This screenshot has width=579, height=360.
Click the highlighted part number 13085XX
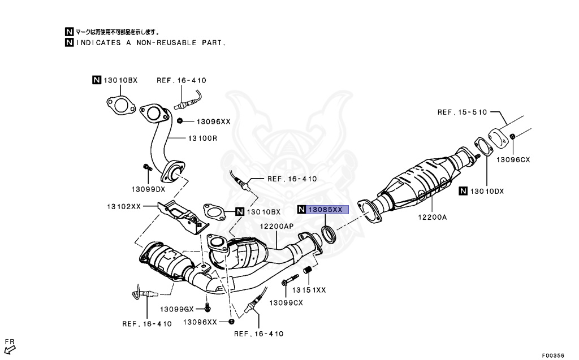click(x=325, y=210)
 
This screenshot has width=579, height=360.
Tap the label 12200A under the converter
click(x=433, y=215)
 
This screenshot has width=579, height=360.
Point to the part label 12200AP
click(x=276, y=226)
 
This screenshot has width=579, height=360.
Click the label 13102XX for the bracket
click(x=124, y=206)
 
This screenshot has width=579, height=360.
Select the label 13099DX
click(x=148, y=189)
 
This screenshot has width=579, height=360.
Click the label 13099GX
click(x=176, y=309)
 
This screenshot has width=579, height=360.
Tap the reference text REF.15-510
click(x=461, y=112)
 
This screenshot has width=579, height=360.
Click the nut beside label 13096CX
click(x=512, y=137)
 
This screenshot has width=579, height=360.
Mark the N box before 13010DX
click(x=463, y=191)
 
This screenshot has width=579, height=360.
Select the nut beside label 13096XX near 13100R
click(x=179, y=120)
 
